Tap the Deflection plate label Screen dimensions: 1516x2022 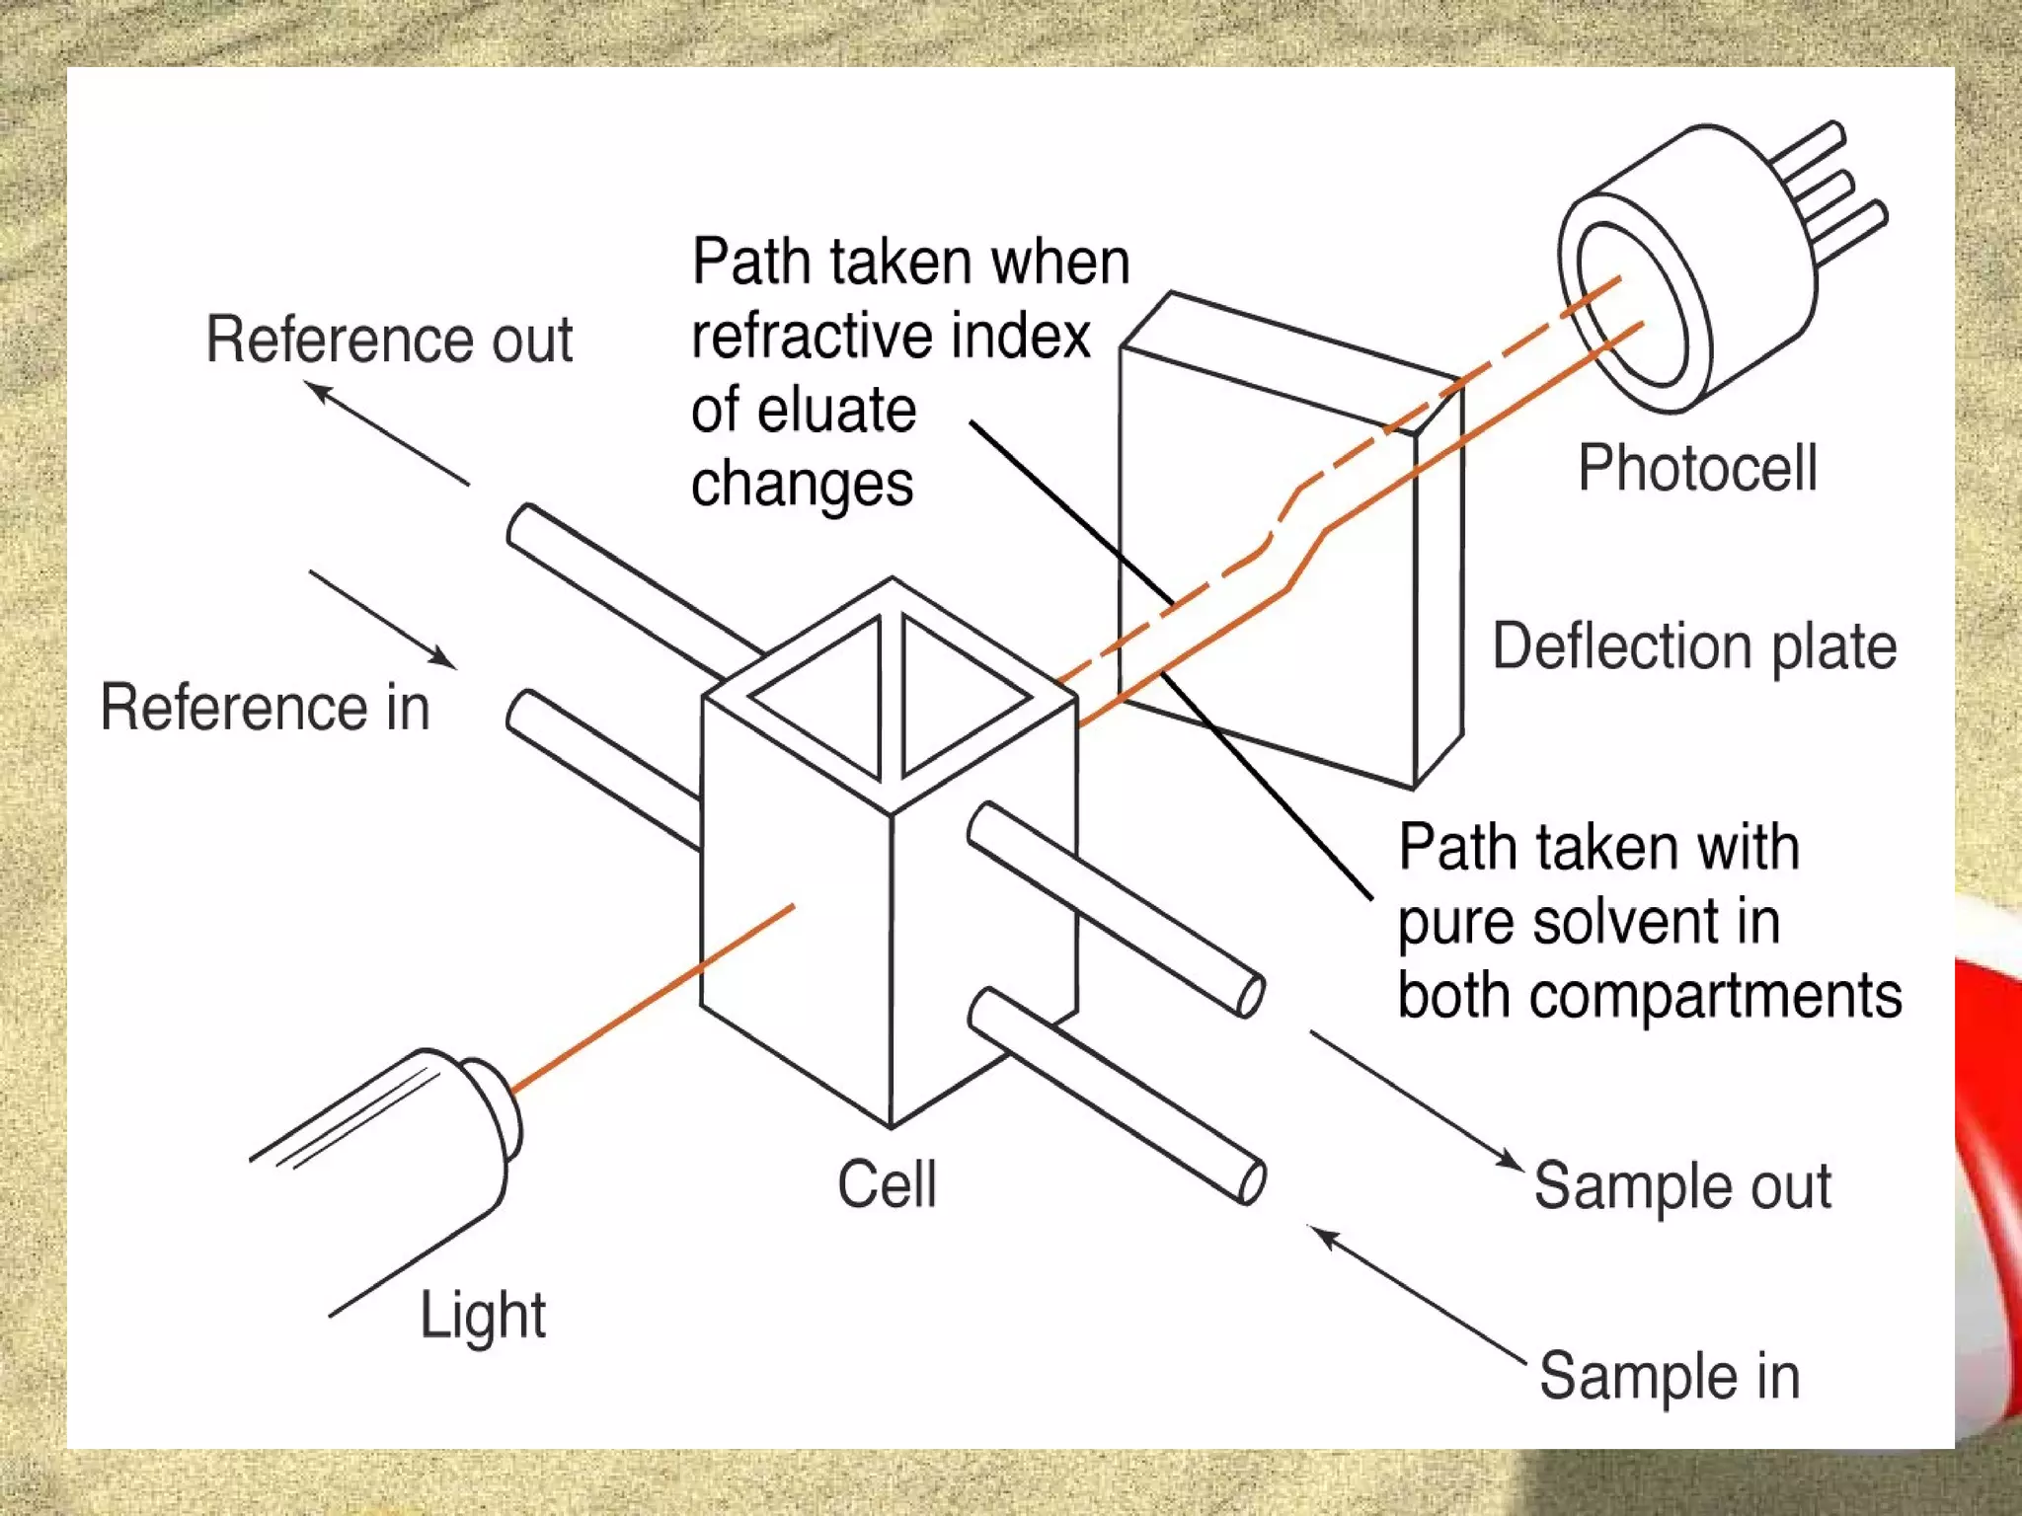click(1694, 647)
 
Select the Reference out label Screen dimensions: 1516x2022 click(389, 340)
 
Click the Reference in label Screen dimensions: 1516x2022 click(265, 708)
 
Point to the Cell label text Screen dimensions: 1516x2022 click(887, 1184)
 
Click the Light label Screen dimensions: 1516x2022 click(483, 1316)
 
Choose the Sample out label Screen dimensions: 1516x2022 click(1682, 1186)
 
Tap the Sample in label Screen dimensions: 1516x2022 click(1669, 1377)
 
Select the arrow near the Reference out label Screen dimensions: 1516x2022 click(389, 433)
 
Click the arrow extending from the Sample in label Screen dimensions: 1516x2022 click(1418, 1293)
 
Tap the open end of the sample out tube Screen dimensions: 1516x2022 click(1251, 995)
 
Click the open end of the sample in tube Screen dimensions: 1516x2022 click(1251, 1181)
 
